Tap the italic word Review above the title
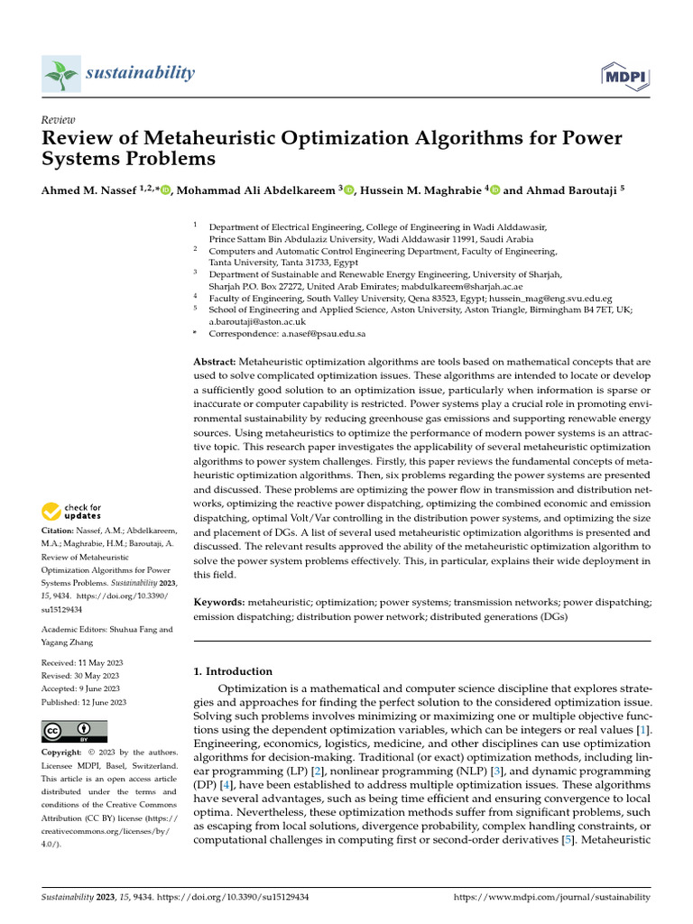pos(59,120)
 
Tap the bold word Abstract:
pos(218,361)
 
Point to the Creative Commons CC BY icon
pos(75,731)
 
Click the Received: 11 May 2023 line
pos(84,662)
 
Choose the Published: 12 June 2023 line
pos(84,701)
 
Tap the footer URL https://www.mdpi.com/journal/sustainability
pos(550,898)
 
